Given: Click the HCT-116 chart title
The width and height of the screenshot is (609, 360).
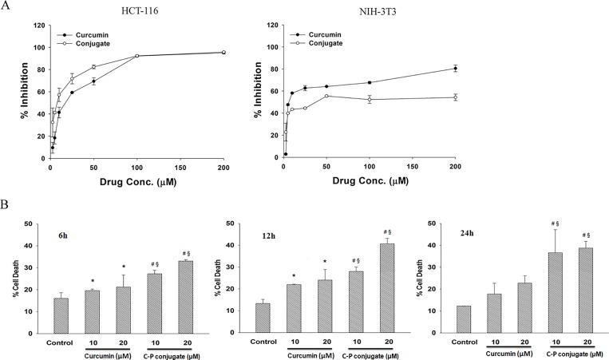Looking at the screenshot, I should tap(138, 12).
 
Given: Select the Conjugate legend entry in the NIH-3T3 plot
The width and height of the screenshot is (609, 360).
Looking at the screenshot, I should tap(324, 45).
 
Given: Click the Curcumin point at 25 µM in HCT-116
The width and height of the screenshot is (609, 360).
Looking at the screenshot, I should tap(72, 93).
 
